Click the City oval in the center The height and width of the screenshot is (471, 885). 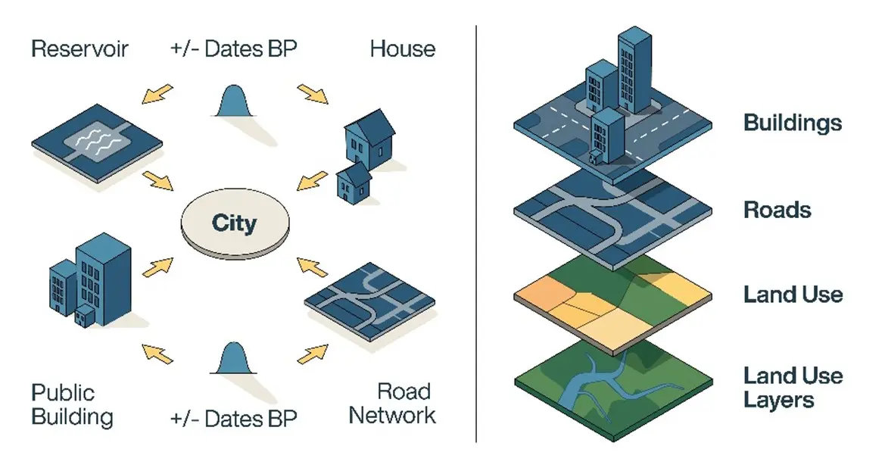pyautogui.click(x=234, y=225)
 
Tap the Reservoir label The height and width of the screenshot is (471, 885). pyautogui.click(x=80, y=50)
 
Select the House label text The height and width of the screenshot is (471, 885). pyautogui.click(x=402, y=50)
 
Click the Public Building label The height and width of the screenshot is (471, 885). pyautogui.click(x=72, y=404)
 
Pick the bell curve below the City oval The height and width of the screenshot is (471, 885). pyautogui.click(x=235, y=359)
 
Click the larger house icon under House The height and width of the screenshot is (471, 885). pyautogui.click(x=369, y=139)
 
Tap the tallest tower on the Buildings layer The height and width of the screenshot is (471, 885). pyautogui.click(x=634, y=72)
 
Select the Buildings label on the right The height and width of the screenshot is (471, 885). pyautogui.click(x=792, y=123)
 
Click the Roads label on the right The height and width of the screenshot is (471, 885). pyautogui.click(x=777, y=210)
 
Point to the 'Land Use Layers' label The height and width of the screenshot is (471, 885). pyautogui.click(x=792, y=387)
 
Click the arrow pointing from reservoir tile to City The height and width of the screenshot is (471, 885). pyautogui.click(x=158, y=181)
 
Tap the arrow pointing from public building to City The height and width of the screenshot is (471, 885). pyautogui.click(x=157, y=267)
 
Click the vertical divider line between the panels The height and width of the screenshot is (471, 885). pyautogui.click(x=476, y=235)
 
